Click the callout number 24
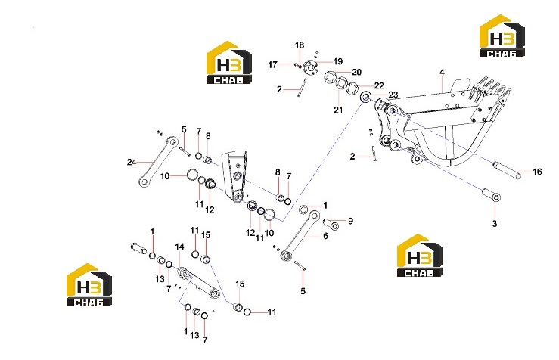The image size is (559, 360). coord(132,162)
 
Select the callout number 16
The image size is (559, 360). coord(537,172)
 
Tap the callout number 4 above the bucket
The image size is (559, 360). coord(442,73)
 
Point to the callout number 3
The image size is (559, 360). coord(495,224)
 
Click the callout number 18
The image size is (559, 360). coord(300,45)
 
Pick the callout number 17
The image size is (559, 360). coord(273,65)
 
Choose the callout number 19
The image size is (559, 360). coord(337,61)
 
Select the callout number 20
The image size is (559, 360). coord(356,72)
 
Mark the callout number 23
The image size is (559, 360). coord(393,95)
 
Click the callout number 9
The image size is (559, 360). coord(350,221)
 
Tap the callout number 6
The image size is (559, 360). coord(325,236)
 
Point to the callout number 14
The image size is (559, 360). coord(179,247)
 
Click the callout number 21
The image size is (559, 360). coord(338,110)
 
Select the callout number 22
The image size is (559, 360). coord(379,85)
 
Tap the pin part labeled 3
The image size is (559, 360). coord(491,195)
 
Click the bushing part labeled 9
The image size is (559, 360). coord(331,224)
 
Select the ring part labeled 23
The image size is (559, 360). coord(366,97)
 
